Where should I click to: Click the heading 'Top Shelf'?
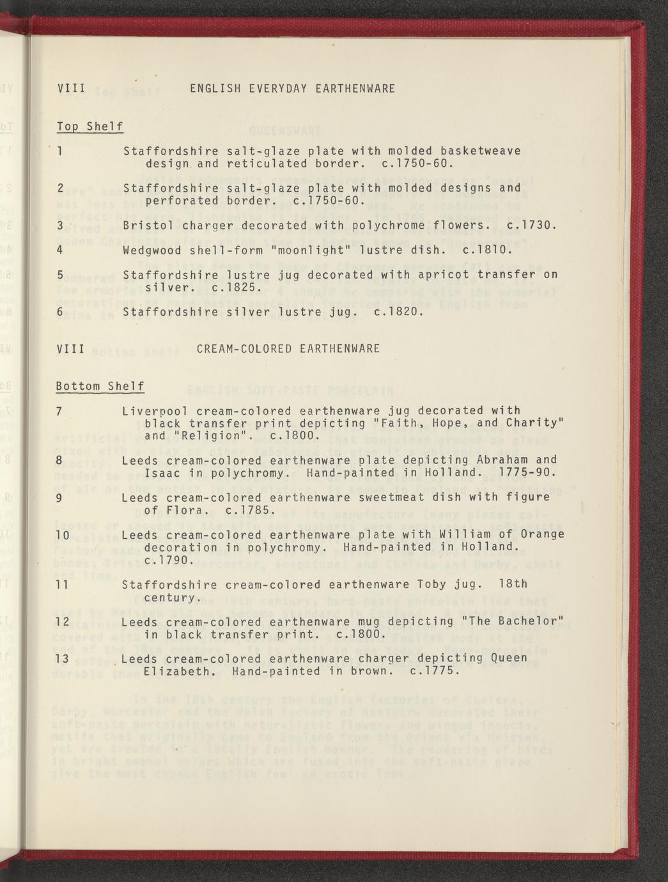coord(89,126)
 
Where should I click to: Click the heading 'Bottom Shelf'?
coord(100,386)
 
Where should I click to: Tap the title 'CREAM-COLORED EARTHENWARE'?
coord(288,348)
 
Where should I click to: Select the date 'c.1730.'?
coord(531,226)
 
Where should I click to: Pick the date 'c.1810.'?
coord(486,250)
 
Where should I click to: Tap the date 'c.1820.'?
coord(398,312)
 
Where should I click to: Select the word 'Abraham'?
coord(502,460)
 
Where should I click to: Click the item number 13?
coord(63,658)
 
